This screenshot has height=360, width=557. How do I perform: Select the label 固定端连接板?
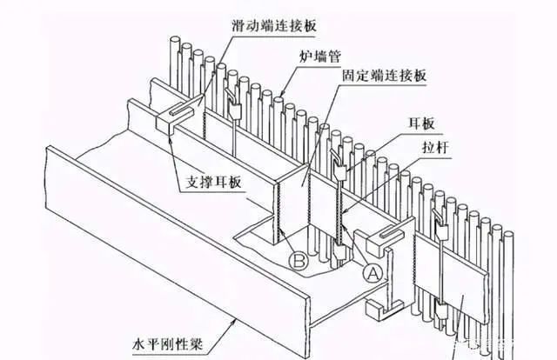(x=383, y=75)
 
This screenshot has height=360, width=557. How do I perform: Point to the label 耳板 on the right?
(x=420, y=123)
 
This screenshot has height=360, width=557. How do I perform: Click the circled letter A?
(x=372, y=272)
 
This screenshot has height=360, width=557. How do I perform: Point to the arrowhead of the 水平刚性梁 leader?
(x=243, y=319)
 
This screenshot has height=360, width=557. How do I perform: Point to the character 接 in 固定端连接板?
(x=402, y=75)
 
